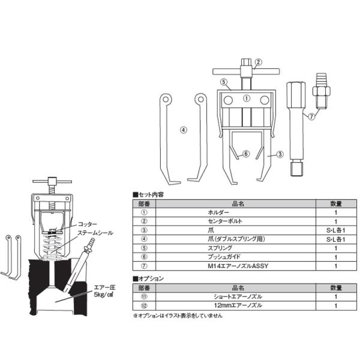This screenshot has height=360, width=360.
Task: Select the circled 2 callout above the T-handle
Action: point(259,62)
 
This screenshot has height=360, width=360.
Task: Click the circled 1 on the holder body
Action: point(246,98)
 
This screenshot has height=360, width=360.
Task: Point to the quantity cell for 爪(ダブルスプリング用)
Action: point(336,239)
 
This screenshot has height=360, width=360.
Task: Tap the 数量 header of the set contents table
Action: point(336,203)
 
